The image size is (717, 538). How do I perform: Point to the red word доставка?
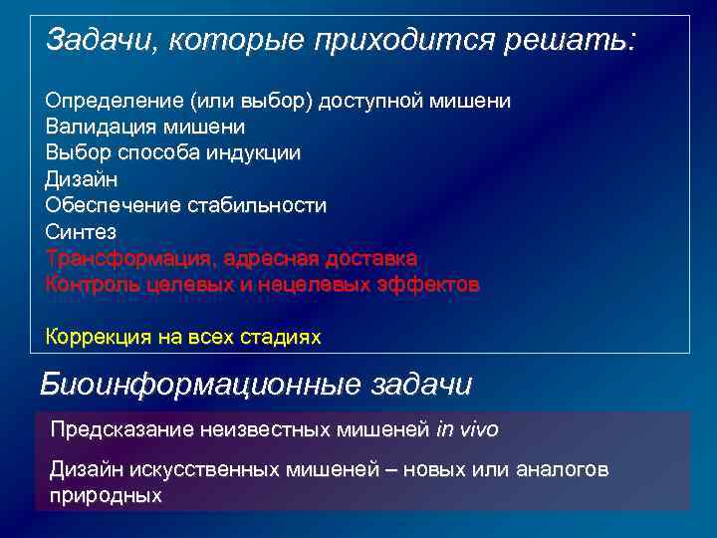[373, 258]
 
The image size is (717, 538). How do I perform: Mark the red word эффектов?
[430, 284]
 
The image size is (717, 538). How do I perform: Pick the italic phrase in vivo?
[467, 429]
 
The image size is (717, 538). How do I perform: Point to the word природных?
[106, 494]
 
